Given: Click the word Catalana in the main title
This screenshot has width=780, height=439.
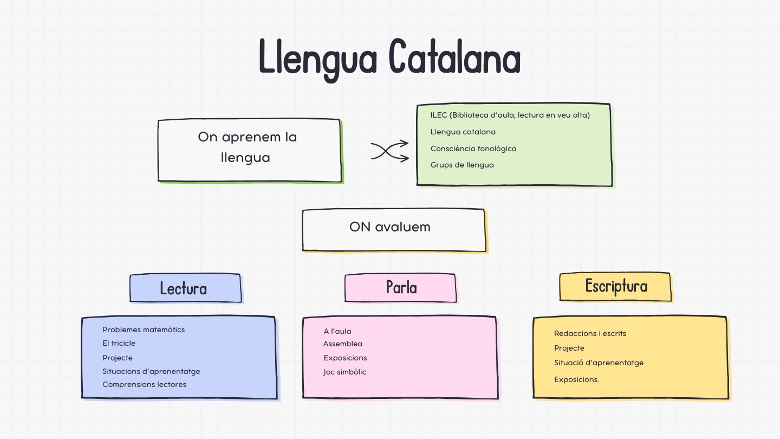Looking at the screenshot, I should (x=454, y=57).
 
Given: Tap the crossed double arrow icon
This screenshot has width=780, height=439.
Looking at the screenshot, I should (x=389, y=151).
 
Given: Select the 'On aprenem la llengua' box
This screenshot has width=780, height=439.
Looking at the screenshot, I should (x=249, y=150).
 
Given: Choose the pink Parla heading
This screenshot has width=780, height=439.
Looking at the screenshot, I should (x=401, y=287).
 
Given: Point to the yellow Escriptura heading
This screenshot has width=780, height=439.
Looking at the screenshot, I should (x=616, y=286).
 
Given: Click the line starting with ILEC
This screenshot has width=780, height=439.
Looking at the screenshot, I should (x=510, y=115).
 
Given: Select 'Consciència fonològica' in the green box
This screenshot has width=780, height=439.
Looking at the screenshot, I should (x=473, y=149).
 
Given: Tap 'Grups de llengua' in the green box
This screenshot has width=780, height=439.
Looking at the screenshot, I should (x=462, y=165).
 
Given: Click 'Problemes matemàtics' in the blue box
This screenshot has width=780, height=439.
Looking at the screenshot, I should (x=144, y=330).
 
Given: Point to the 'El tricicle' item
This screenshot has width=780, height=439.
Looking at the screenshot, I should (x=119, y=343).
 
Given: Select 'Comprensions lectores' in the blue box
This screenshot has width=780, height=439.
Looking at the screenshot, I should (x=144, y=384).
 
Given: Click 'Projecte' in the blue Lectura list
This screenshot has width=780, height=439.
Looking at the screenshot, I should (x=118, y=358).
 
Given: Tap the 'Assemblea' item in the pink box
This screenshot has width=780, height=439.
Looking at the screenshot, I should (x=343, y=344).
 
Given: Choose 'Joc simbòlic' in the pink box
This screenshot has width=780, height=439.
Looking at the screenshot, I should (x=345, y=372).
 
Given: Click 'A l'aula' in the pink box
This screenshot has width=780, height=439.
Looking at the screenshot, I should (x=337, y=331).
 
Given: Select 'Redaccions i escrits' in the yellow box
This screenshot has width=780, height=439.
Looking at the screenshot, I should (x=590, y=333).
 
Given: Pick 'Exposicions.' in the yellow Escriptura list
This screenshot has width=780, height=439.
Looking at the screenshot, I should (x=576, y=379).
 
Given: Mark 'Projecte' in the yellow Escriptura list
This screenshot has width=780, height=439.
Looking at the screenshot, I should (x=569, y=348).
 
